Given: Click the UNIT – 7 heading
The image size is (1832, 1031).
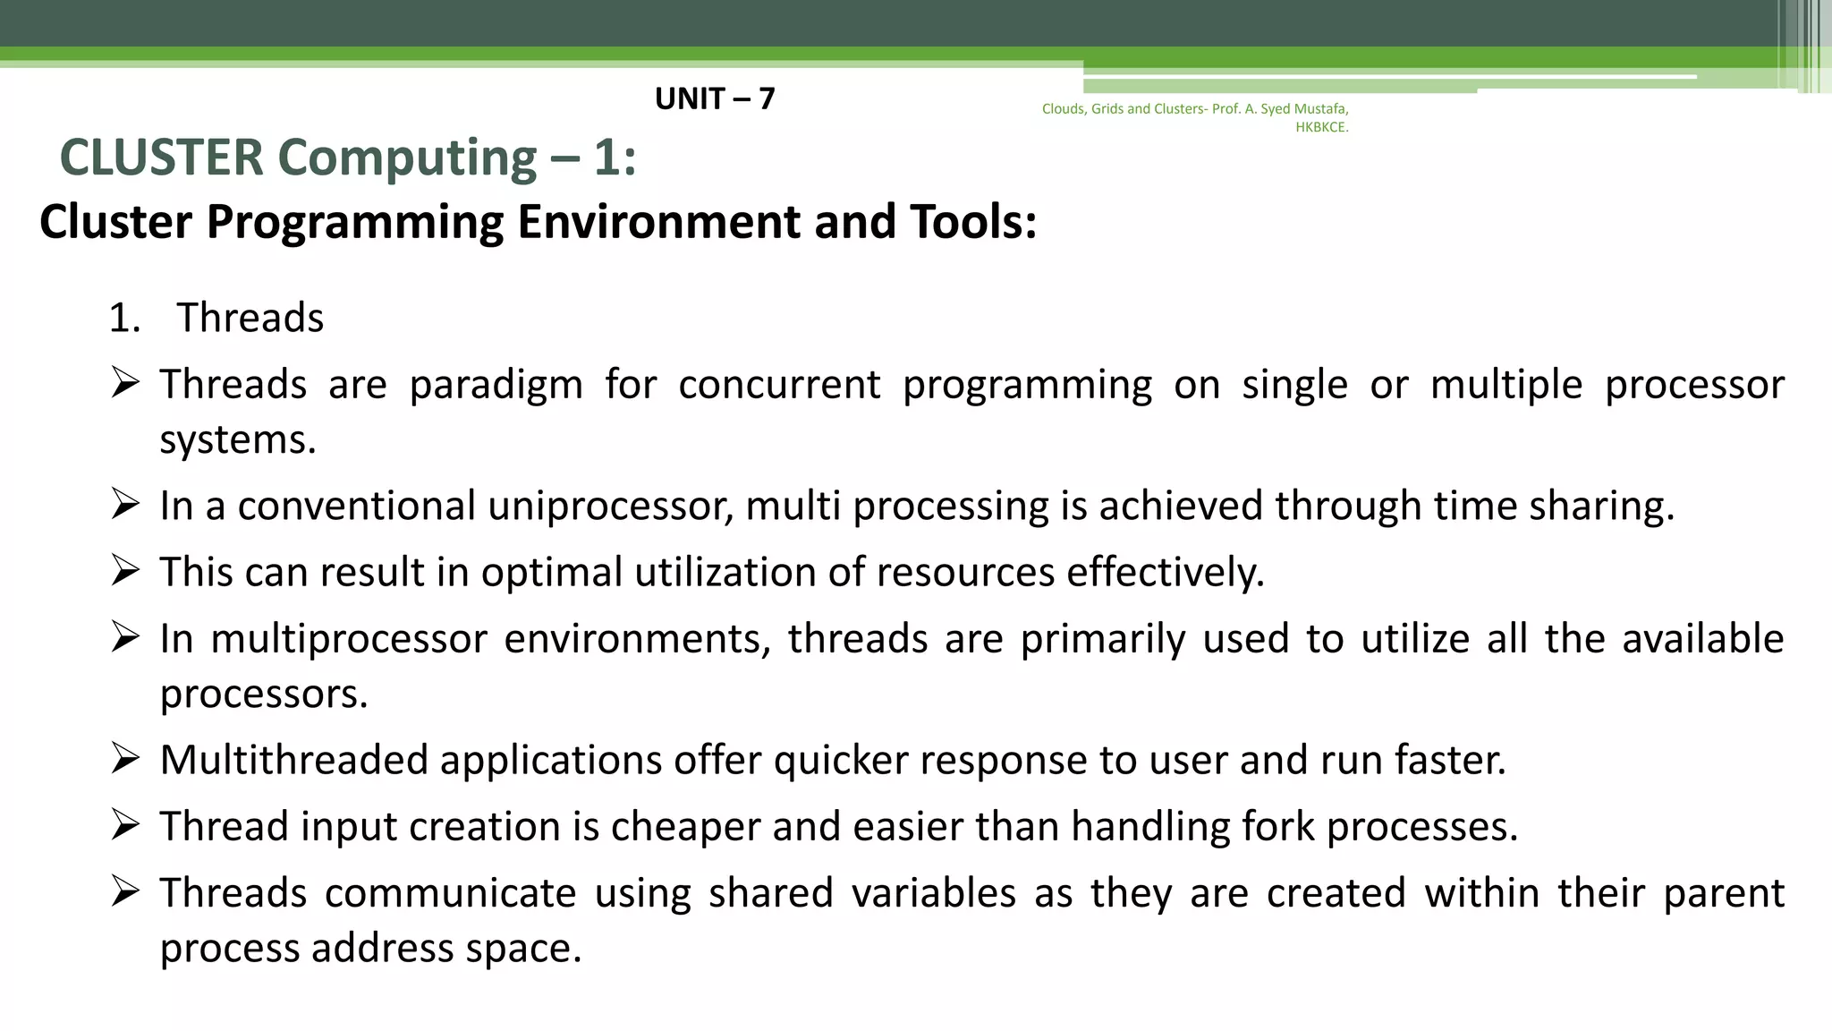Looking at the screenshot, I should (x=714, y=98).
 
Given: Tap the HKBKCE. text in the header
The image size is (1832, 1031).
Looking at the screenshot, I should (x=1321, y=127).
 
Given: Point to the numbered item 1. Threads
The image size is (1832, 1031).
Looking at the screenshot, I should (x=216, y=318).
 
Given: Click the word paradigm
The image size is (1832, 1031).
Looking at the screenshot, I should (x=496, y=385).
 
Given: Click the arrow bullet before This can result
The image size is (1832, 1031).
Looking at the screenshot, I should (x=125, y=571).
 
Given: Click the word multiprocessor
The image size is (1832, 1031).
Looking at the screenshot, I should (x=348, y=639).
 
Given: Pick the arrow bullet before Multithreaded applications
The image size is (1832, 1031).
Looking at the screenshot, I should (x=125, y=759).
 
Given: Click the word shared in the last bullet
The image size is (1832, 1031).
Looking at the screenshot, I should (x=770, y=893).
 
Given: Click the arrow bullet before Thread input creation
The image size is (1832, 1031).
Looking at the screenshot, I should (x=125, y=825).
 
